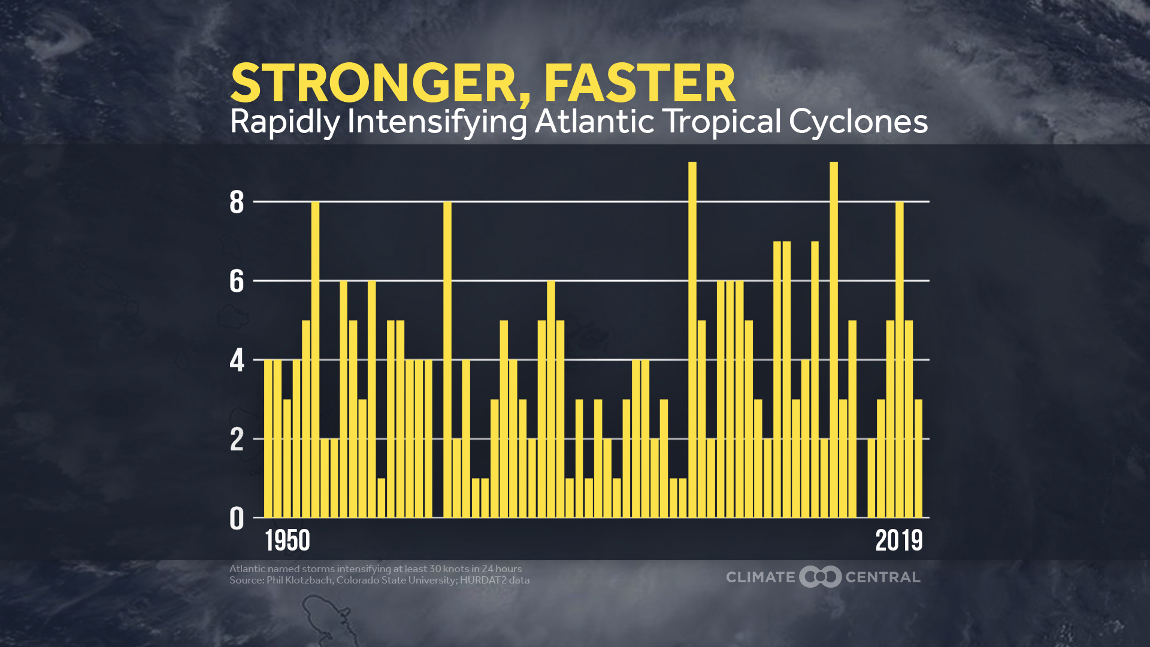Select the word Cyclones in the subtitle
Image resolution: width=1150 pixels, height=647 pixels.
tap(858, 122)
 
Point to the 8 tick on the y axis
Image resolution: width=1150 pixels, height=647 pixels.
tap(237, 202)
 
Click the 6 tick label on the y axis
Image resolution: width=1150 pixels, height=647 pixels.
tap(237, 281)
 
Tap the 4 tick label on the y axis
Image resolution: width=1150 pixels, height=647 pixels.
tap(237, 361)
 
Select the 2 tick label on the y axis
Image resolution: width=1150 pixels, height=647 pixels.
tap(237, 440)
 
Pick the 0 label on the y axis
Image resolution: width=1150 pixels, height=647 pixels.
tap(237, 519)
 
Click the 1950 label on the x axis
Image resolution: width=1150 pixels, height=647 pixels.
tap(287, 541)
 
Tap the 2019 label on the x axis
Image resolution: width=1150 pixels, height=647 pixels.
tap(898, 541)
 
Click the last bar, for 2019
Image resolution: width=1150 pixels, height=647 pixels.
tap(918, 458)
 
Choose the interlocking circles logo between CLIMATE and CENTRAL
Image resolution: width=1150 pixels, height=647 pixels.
tap(821, 577)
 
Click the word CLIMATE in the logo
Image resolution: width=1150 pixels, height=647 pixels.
tap(760, 578)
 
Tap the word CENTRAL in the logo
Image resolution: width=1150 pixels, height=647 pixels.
tap(882, 578)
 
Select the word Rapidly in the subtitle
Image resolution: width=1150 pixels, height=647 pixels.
tap(285, 122)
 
